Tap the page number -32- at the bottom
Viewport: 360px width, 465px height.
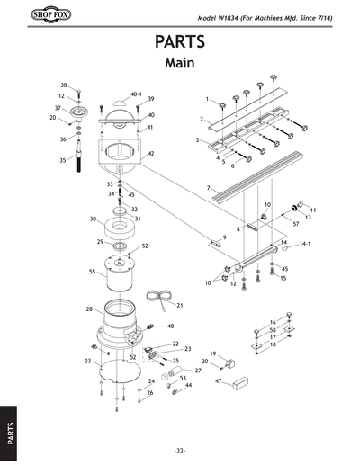[x=180, y=451]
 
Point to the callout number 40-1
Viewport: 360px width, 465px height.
[x=137, y=94]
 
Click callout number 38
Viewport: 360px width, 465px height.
[x=64, y=85]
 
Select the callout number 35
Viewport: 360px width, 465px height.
[x=63, y=160]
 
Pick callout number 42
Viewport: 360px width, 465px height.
[x=151, y=154]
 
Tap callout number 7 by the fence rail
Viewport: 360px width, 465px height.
[x=208, y=189]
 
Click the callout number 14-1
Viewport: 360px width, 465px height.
[x=305, y=244]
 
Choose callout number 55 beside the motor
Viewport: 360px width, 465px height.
[x=93, y=271]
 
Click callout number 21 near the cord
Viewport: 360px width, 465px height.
[x=180, y=306]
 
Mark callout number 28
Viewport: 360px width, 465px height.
[x=89, y=309]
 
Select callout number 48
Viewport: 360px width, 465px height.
[x=171, y=326]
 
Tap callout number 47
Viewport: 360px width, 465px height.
[x=219, y=381]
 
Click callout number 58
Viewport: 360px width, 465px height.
[x=273, y=330]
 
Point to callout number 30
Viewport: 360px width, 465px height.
[x=93, y=219]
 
